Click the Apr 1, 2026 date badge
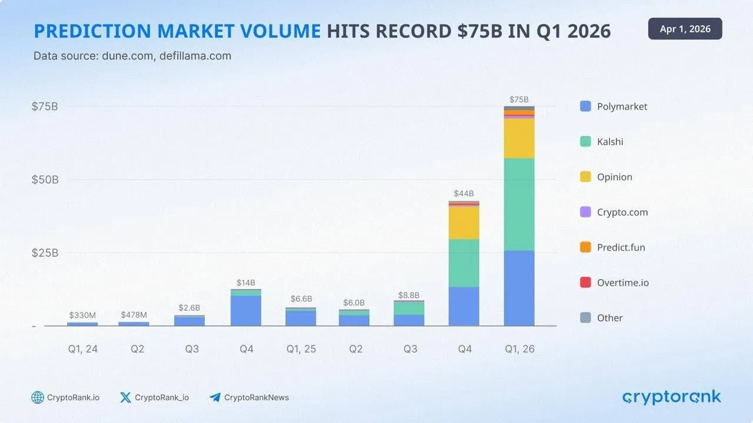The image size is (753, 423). (685, 29)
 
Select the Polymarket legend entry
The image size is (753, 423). (614, 106)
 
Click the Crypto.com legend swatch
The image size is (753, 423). (585, 212)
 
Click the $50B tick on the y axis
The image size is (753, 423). (45, 179)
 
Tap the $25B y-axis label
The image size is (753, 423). (45, 253)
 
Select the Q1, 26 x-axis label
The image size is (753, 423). (519, 349)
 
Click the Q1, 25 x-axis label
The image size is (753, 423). (301, 349)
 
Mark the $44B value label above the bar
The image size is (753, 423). (464, 193)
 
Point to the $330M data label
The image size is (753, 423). (82, 315)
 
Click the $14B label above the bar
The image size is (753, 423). (246, 283)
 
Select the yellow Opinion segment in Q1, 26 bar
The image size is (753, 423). (519, 139)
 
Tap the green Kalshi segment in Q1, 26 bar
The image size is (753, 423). (519, 204)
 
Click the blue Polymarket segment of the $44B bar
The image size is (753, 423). (464, 306)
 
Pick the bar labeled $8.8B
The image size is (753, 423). (409, 314)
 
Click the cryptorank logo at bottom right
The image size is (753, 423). (671, 398)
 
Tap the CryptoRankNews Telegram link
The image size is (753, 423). (249, 398)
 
